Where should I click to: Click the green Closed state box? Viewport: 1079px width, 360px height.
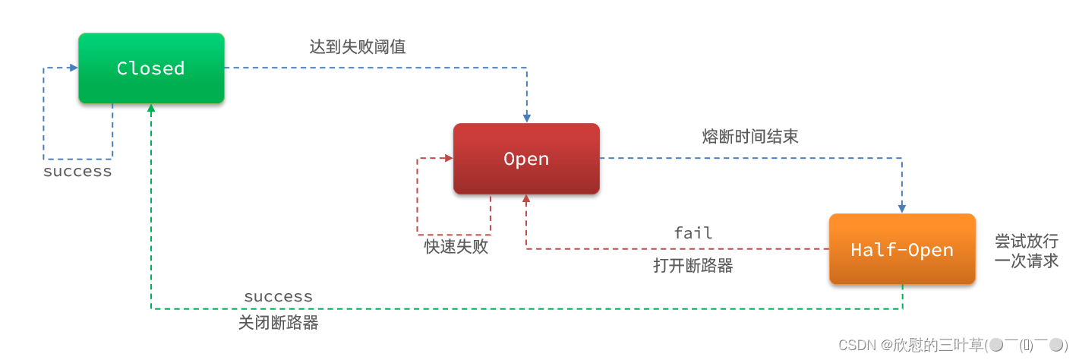click(151, 68)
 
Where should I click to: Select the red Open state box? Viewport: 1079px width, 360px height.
click(526, 159)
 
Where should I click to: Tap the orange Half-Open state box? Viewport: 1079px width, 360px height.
click(901, 249)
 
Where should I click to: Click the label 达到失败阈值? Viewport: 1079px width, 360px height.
click(358, 46)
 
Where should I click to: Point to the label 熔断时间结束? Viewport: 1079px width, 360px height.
click(750, 137)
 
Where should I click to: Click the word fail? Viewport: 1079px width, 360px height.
click(693, 232)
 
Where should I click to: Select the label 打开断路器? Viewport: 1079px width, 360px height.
click(693, 266)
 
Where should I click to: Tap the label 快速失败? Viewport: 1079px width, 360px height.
click(456, 247)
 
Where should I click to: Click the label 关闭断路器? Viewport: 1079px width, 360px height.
click(278, 323)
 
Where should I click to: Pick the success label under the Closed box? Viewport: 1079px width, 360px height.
click(77, 172)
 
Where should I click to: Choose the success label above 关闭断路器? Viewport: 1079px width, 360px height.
click(278, 296)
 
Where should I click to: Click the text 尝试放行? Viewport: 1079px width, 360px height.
click(1027, 241)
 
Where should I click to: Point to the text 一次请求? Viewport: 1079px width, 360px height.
click(1027, 261)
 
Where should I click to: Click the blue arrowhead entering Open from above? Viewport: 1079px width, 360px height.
click(526, 118)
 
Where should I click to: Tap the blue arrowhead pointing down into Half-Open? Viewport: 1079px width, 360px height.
click(902, 208)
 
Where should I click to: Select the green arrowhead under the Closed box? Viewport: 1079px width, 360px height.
click(151, 108)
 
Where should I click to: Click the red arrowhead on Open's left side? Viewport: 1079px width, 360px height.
click(448, 159)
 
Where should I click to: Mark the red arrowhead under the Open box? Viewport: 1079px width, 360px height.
click(526, 199)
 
